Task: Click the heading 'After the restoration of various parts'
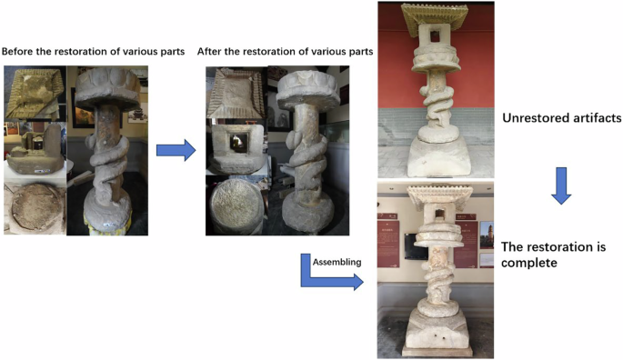[286, 51]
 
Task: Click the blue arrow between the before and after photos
[176, 149]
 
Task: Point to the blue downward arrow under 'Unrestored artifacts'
[561, 186]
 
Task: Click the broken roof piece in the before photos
[35, 94]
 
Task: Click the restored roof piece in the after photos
[236, 95]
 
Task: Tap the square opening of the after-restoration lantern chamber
[236, 141]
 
